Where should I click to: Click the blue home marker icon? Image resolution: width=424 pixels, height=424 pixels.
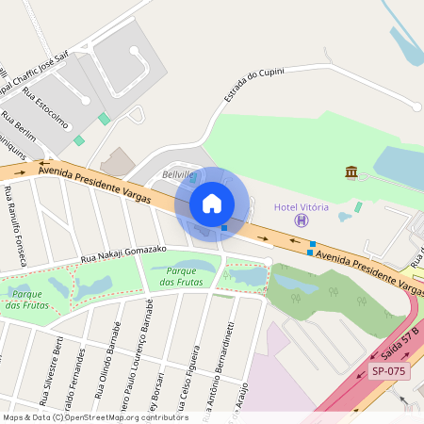(212, 203)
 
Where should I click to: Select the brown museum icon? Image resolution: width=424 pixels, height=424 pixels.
(351, 171)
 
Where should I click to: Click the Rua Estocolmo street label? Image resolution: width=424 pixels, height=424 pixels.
(46, 108)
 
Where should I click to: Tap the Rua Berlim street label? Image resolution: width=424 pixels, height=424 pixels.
(19, 127)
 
